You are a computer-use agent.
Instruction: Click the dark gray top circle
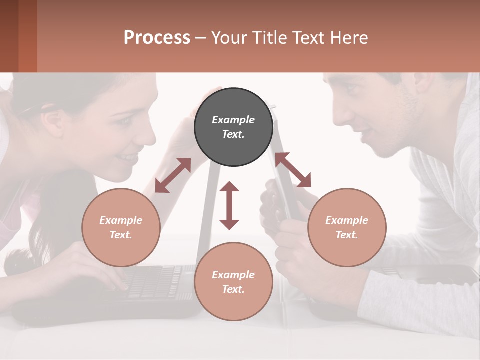click(x=233, y=127)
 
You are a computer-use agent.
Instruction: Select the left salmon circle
click(x=121, y=227)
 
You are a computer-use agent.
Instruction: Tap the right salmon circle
click(x=347, y=227)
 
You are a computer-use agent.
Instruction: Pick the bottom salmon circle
click(x=233, y=282)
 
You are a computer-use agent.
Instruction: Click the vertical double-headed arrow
click(x=229, y=205)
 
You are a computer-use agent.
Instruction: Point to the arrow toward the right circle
click(x=293, y=170)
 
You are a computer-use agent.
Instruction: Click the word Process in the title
click(x=157, y=37)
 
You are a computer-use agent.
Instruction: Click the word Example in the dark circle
click(x=233, y=120)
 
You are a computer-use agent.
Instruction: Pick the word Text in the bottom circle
click(x=233, y=289)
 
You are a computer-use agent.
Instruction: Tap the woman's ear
click(x=52, y=121)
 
